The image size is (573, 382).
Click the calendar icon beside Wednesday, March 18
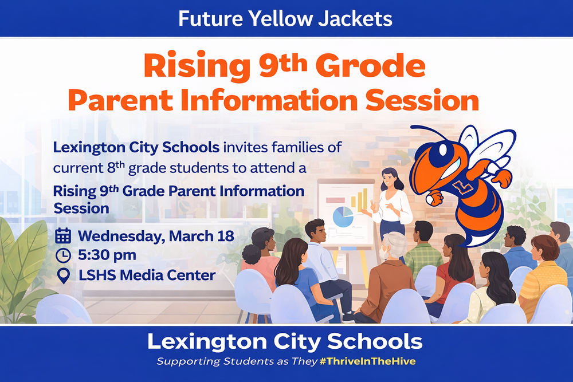(x=63, y=235)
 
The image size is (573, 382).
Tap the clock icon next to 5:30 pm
(x=63, y=255)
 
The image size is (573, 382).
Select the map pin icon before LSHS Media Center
(x=63, y=275)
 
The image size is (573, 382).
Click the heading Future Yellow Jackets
(x=285, y=18)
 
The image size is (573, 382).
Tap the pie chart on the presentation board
(x=343, y=217)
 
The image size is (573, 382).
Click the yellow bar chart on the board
(x=360, y=200)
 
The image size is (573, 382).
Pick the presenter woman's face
(x=388, y=179)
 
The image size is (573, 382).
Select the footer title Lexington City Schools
(x=285, y=342)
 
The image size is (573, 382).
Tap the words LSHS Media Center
(x=147, y=275)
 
